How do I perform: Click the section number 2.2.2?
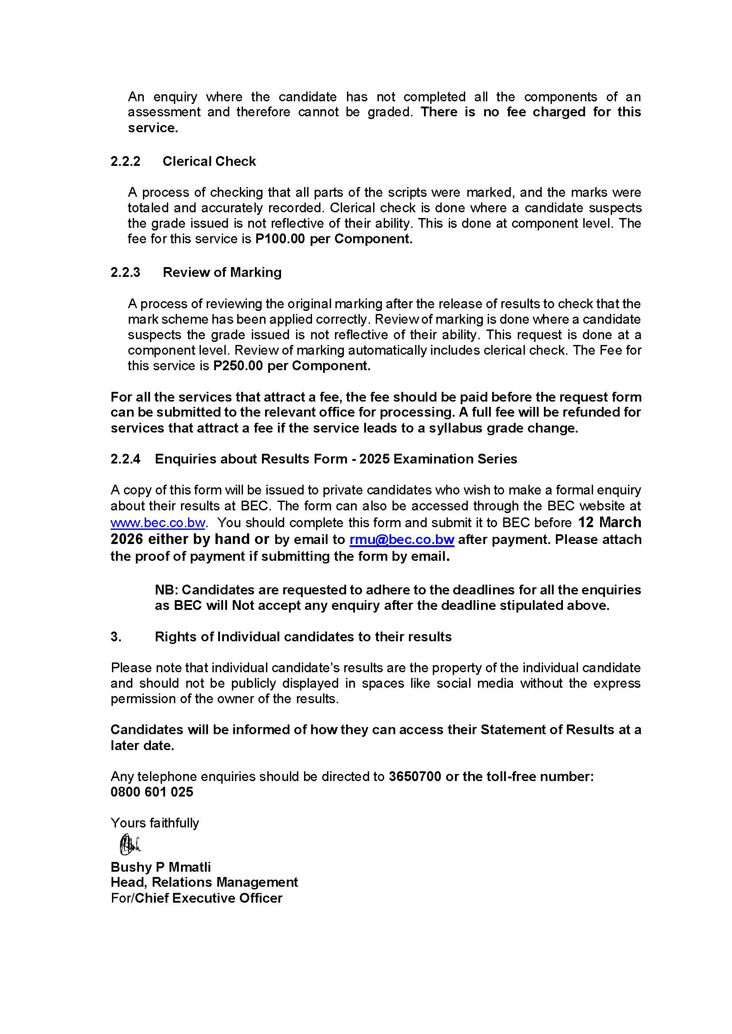tap(125, 161)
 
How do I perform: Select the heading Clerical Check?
tap(209, 161)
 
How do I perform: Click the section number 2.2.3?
tap(125, 272)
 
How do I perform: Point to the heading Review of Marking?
tap(222, 272)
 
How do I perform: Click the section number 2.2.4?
tap(125, 459)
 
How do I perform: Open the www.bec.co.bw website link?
tap(158, 523)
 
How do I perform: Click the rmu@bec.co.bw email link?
tap(401, 540)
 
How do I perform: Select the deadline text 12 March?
tap(609, 522)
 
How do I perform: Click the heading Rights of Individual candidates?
tap(303, 636)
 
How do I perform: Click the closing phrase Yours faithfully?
tap(154, 823)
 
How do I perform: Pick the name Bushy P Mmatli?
tap(161, 867)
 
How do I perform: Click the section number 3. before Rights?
tap(116, 636)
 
